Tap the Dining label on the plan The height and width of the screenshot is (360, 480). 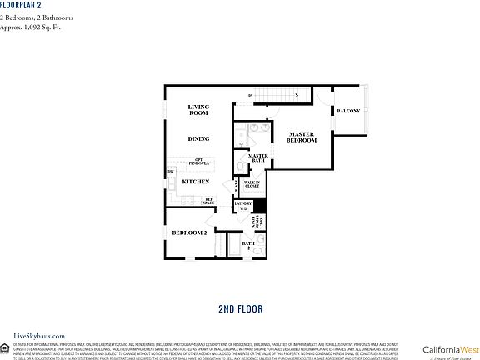coord(198,139)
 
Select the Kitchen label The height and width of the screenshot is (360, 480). coord(195,181)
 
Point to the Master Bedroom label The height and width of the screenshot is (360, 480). coord(302,137)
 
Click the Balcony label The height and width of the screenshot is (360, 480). coord(347,111)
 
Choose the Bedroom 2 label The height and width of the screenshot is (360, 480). coord(189,232)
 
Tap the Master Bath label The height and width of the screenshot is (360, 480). coord(258,157)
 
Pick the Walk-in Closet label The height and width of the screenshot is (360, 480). coord(252,183)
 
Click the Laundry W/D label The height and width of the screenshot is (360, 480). coord(243,206)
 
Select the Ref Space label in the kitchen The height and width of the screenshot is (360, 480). coord(209,200)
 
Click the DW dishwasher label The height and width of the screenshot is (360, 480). coord(171,172)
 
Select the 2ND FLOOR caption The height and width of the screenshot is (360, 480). coord(240,308)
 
